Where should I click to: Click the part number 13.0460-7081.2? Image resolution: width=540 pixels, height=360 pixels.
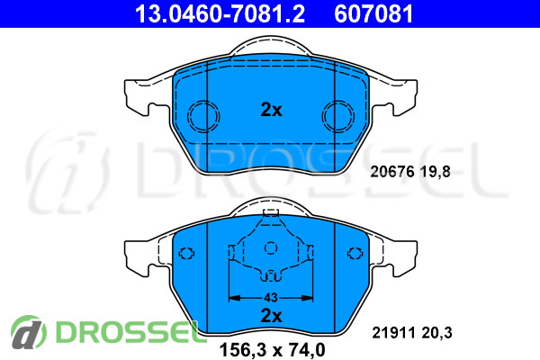(x=220, y=13)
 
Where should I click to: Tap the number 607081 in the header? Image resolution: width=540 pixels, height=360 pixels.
(x=373, y=13)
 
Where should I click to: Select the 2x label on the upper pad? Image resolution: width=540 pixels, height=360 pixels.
(x=272, y=110)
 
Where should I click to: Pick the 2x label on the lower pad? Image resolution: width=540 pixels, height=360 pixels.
(x=272, y=316)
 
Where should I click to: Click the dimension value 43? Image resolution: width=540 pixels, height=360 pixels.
(x=271, y=297)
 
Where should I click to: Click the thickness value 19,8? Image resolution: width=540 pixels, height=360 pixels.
(x=435, y=172)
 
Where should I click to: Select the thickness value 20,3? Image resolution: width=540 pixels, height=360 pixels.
(x=436, y=333)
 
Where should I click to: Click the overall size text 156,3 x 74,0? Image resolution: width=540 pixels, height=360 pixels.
(x=273, y=350)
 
